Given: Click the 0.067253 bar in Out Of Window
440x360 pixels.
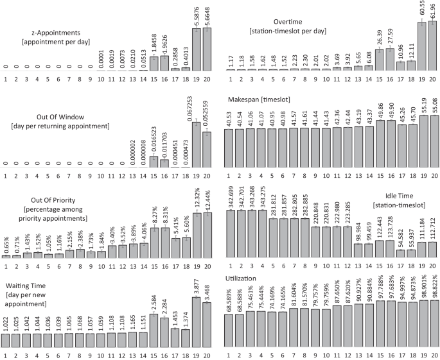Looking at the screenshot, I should (x=197, y=145).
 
